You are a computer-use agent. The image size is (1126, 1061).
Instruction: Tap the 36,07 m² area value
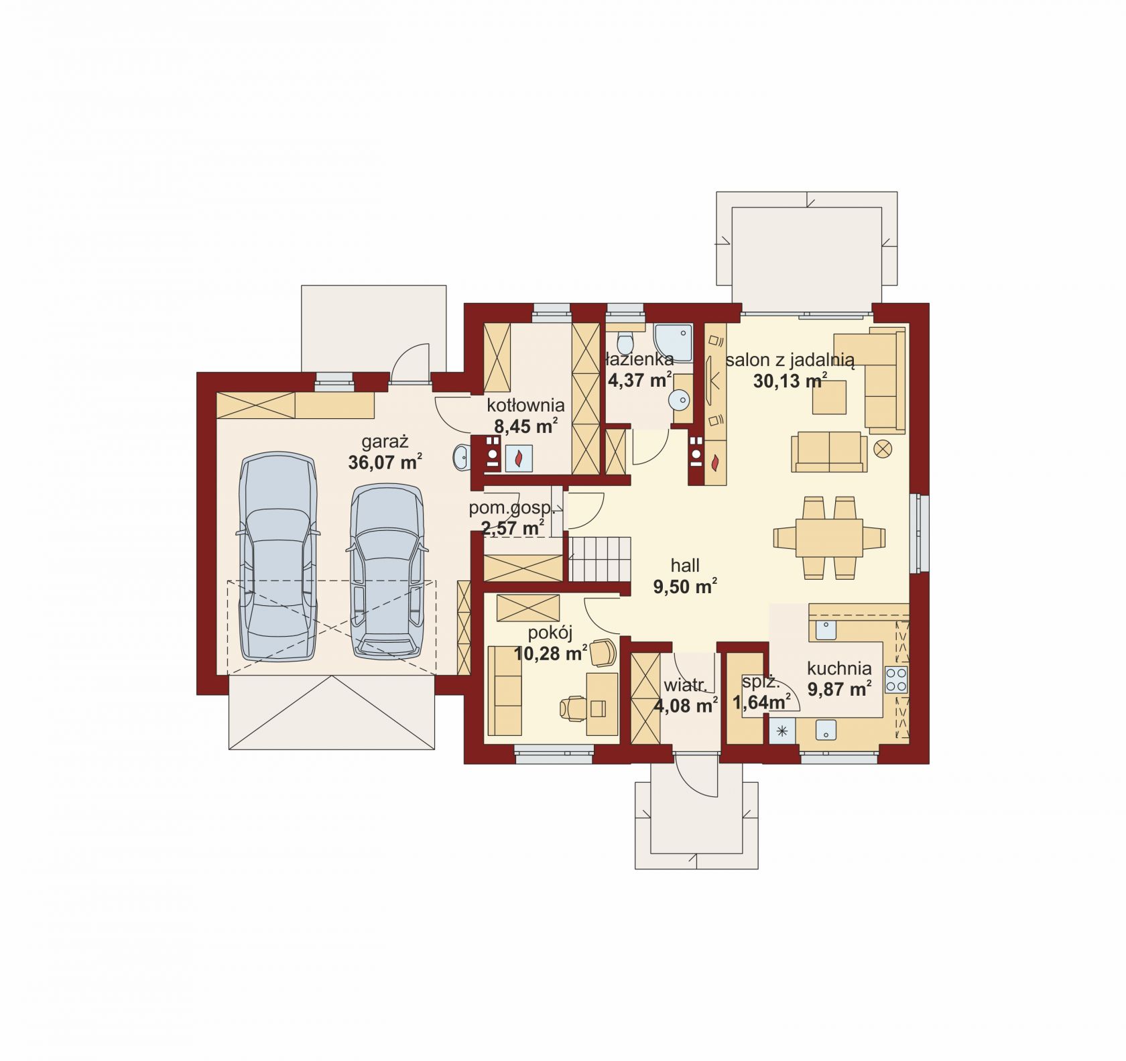pos(385,461)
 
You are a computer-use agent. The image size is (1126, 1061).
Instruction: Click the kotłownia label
pos(525,405)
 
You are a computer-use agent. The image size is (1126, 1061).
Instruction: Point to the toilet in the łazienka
pos(625,342)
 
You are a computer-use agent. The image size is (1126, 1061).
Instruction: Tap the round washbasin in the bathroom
pos(678,399)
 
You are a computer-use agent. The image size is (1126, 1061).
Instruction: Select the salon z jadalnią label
pos(790,361)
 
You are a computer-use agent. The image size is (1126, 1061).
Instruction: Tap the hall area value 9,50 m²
pos(685,587)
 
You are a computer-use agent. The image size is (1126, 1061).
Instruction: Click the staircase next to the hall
pos(601,558)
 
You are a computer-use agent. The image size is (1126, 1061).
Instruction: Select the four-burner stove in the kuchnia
pos(896,679)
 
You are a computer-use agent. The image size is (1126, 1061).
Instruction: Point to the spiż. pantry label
pos(760,684)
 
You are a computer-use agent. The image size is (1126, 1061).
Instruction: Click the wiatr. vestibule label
pos(686,686)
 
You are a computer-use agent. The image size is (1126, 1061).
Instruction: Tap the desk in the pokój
pos(603,705)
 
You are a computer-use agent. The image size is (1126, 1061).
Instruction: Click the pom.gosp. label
pos(511,508)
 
